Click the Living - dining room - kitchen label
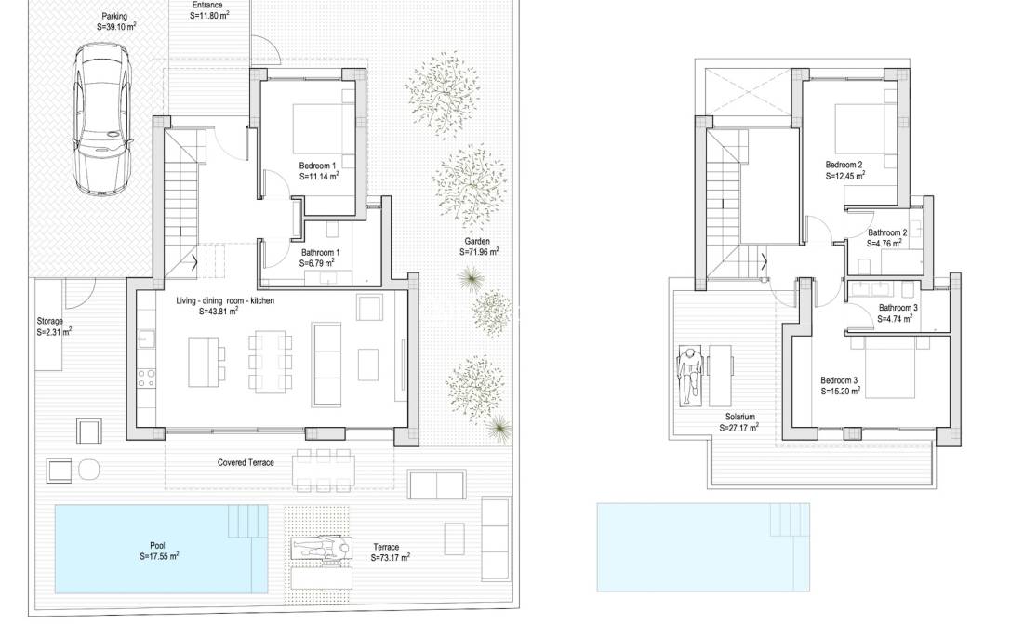[225, 301]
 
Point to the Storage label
[50, 321]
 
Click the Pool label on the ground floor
[157, 546]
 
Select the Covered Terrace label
[246, 462]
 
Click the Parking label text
[114, 17]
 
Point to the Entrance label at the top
[206, 5]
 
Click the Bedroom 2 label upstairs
[844, 164]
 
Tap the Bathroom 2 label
[886, 233]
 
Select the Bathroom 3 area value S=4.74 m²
[896, 318]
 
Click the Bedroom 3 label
[839, 380]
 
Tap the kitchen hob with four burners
[147, 377]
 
